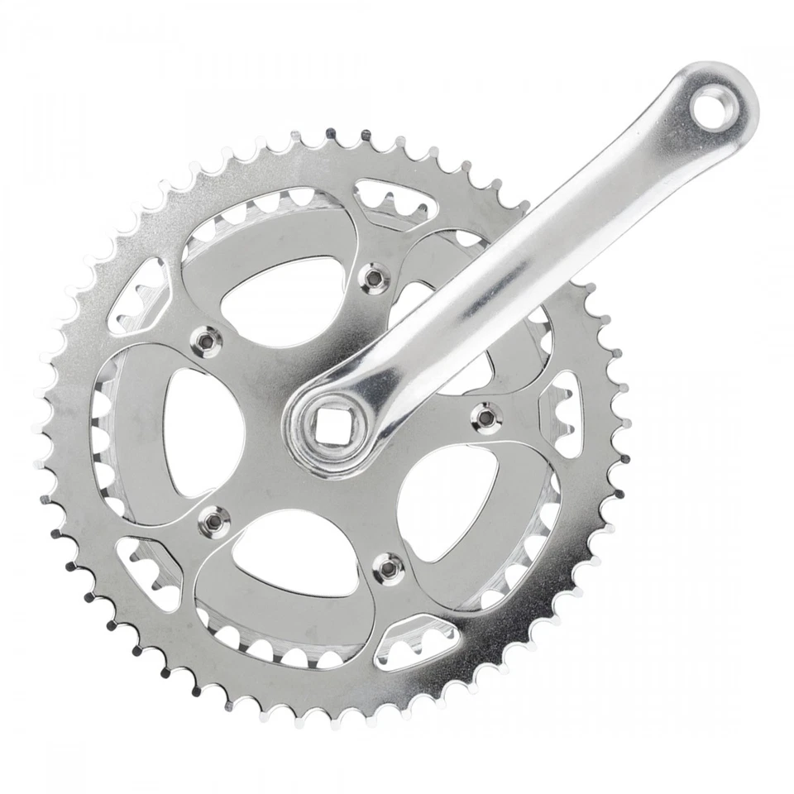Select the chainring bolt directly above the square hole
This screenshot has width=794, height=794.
coord(376,279)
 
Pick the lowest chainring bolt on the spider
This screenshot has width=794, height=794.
coord(388,567)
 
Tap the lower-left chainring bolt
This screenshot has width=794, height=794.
coord(211,519)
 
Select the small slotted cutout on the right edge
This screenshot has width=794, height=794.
coord(562,413)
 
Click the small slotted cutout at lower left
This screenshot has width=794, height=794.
coord(150,571)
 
